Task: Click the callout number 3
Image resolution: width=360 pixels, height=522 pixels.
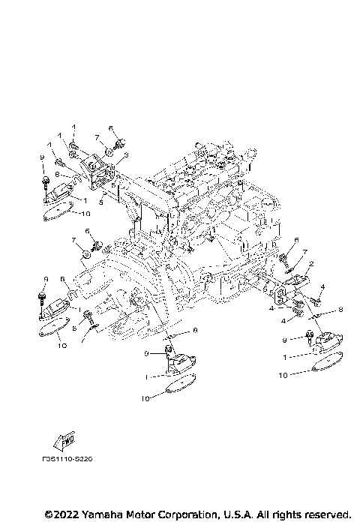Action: click(127, 154)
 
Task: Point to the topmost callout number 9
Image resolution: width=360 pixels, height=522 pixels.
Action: click(43, 157)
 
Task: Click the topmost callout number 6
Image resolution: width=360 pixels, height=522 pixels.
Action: click(110, 128)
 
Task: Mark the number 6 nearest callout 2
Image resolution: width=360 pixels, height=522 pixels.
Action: click(296, 240)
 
